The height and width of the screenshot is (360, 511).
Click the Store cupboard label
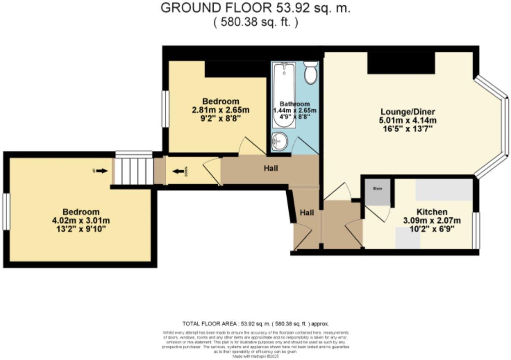point(377,189)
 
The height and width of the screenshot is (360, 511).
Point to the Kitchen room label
point(432,212)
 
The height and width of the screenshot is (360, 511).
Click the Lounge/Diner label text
point(408,112)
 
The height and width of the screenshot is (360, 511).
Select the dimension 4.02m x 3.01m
point(81,220)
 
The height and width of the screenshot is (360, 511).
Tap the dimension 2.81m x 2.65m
point(221,110)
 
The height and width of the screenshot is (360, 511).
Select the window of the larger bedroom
point(6,211)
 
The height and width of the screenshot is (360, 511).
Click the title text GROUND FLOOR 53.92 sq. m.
point(255,8)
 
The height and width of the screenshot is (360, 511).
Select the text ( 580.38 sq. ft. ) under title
point(255,22)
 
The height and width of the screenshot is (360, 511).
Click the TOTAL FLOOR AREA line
point(255,324)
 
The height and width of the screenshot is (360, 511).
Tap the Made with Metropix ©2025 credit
point(255,357)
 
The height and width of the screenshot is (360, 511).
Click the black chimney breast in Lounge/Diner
point(401,63)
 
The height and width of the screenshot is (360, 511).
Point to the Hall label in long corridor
point(271,168)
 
